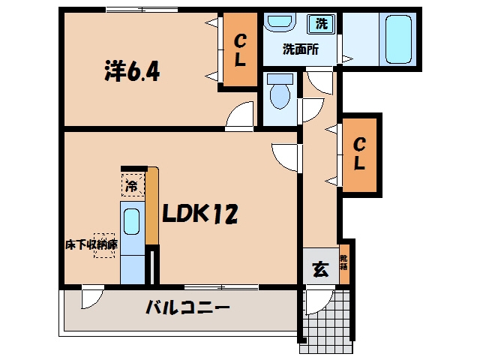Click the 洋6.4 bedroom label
(x=132, y=71)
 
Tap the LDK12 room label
(x=199, y=213)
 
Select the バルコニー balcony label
(x=187, y=307)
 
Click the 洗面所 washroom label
(x=300, y=49)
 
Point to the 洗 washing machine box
(x=321, y=24)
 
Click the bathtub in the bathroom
(x=398, y=40)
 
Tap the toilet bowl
(x=280, y=91)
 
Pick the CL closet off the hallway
(x=359, y=154)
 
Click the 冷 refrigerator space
(x=133, y=185)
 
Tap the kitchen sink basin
(x=132, y=221)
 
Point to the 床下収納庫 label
(x=91, y=244)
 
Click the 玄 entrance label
(x=320, y=269)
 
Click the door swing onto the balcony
(x=91, y=298)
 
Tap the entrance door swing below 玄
(x=319, y=301)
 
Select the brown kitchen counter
(x=152, y=205)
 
